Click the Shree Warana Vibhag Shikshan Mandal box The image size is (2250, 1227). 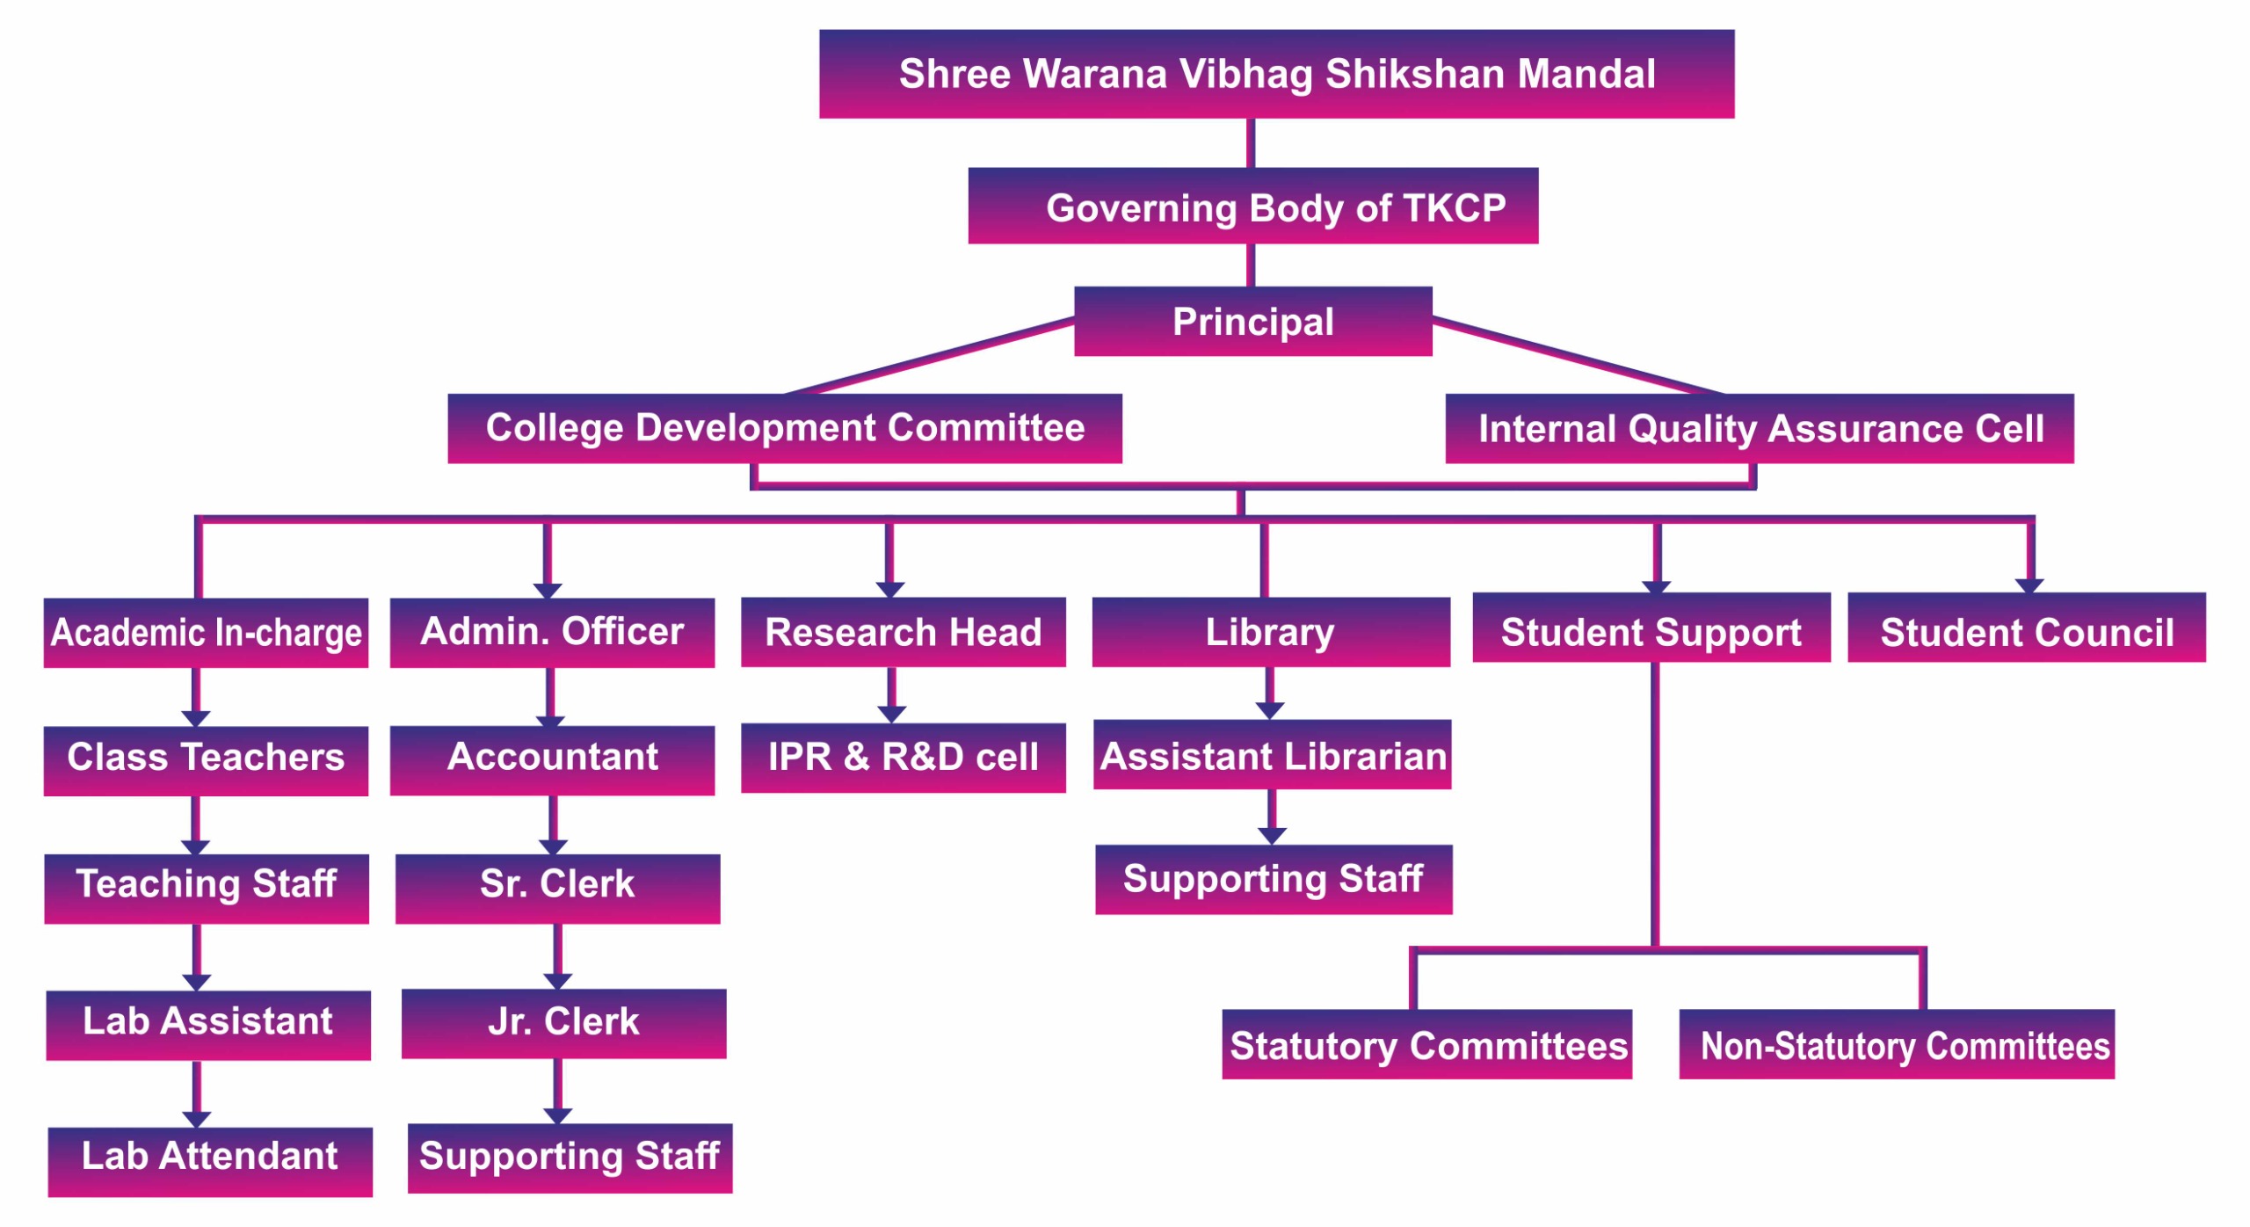pyautogui.click(x=1276, y=74)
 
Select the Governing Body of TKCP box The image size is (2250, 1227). pyautogui.click(x=1252, y=206)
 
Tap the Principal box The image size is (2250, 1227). pyautogui.click(x=1252, y=322)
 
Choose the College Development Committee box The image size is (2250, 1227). pyautogui.click(x=784, y=428)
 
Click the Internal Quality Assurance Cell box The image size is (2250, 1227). pyautogui.click(x=1760, y=428)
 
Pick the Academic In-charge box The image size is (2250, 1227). pyautogui.click(x=206, y=633)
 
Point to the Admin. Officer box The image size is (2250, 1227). pyautogui.click(x=552, y=633)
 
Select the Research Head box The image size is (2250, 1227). pyautogui.click(x=903, y=633)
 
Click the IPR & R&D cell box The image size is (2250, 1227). pyautogui.click(x=903, y=758)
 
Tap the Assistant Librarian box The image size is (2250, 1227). pyautogui.click(x=1272, y=755)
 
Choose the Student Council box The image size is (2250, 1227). pyautogui.click(x=2026, y=628)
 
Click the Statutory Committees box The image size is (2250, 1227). pyautogui.click(x=1426, y=1044)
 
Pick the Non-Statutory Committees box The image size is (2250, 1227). pyautogui.click(x=1896, y=1044)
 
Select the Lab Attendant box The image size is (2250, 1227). pyautogui.click(x=209, y=1161)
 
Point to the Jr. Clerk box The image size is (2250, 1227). pyautogui.click(x=563, y=1023)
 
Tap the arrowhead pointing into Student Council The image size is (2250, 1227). pyautogui.click(x=2029, y=585)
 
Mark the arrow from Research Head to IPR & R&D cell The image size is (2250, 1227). pyautogui.click(x=891, y=695)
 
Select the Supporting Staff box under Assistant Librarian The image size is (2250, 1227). pyautogui.click(x=1273, y=879)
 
